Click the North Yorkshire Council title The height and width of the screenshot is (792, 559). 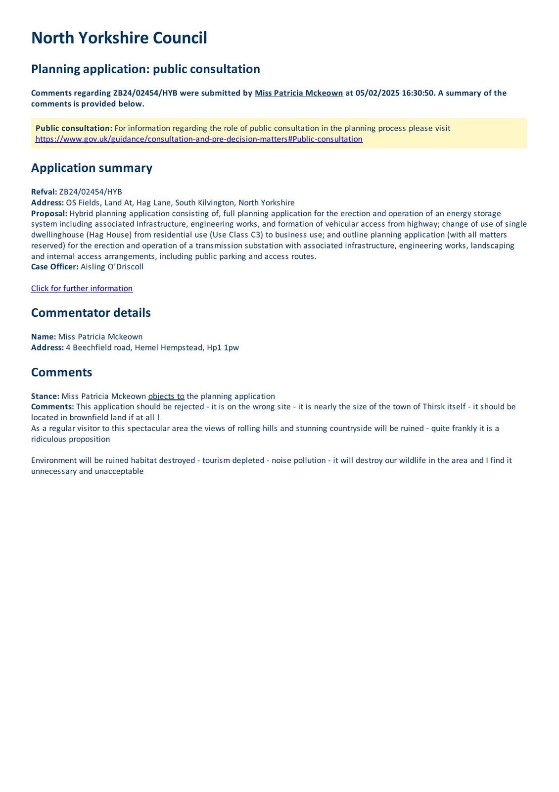click(x=119, y=38)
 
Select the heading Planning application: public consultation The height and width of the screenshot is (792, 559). click(x=145, y=69)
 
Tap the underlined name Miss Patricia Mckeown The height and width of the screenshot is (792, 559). click(x=299, y=93)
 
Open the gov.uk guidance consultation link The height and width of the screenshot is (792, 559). click(x=199, y=139)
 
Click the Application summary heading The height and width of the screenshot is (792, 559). click(x=92, y=168)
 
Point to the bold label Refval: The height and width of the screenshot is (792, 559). click(x=44, y=192)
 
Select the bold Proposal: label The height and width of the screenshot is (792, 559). click(x=49, y=213)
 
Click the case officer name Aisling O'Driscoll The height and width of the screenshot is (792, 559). click(x=112, y=267)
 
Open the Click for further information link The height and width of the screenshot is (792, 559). click(x=82, y=289)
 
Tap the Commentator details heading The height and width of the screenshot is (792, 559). click(x=91, y=313)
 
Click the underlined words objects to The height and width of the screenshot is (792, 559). click(x=166, y=396)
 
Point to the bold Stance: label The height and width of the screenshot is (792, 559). click(x=45, y=396)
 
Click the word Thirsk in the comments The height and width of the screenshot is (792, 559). click(x=434, y=407)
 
